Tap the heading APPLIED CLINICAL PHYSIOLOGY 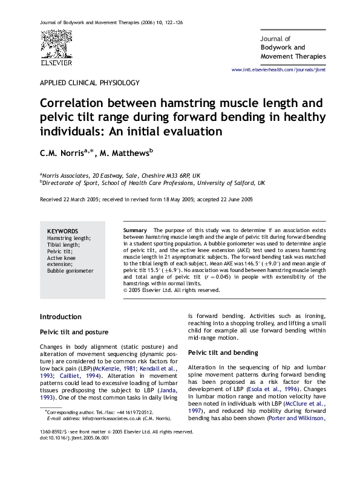[x=90, y=83]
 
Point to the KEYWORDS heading [x=62, y=232]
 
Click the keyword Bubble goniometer [x=70, y=271]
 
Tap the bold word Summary [x=135, y=231]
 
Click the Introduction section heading [x=61, y=317]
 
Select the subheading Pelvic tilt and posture [x=74, y=332]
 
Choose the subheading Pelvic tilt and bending [x=223, y=352]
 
